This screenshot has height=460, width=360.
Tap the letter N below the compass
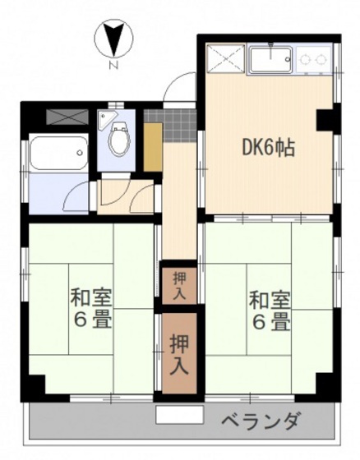pyautogui.click(x=114, y=65)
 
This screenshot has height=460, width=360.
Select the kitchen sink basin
pyautogui.click(x=270, y=59)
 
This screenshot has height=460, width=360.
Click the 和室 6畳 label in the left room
pyautogui.click(x=90, y=308)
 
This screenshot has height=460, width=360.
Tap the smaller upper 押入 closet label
pyautogui.click(x=179, y=283)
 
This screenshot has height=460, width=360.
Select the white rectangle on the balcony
pyautogui.click(x=178, y=414)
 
